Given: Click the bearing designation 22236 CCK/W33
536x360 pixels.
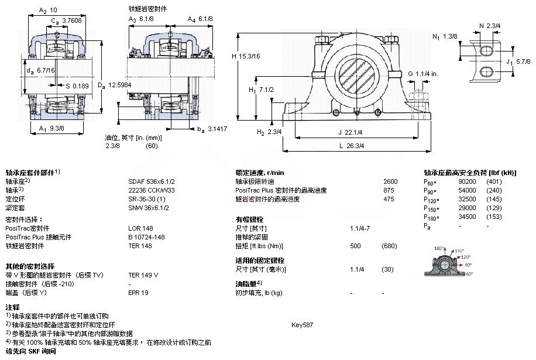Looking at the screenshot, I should point(150,190).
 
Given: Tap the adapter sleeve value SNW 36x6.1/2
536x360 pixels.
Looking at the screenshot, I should point(149,208).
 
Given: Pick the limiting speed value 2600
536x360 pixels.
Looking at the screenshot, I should point(390,181).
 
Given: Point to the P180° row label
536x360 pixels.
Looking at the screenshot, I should point(431,217).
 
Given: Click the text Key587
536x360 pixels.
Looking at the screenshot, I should point(302,324).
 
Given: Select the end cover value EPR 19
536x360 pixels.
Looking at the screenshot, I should point(139,292).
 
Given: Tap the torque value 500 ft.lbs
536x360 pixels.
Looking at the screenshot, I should point(355,246).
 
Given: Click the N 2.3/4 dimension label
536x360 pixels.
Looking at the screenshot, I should point(489,26).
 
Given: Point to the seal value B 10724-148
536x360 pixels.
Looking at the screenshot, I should point(147,237).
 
